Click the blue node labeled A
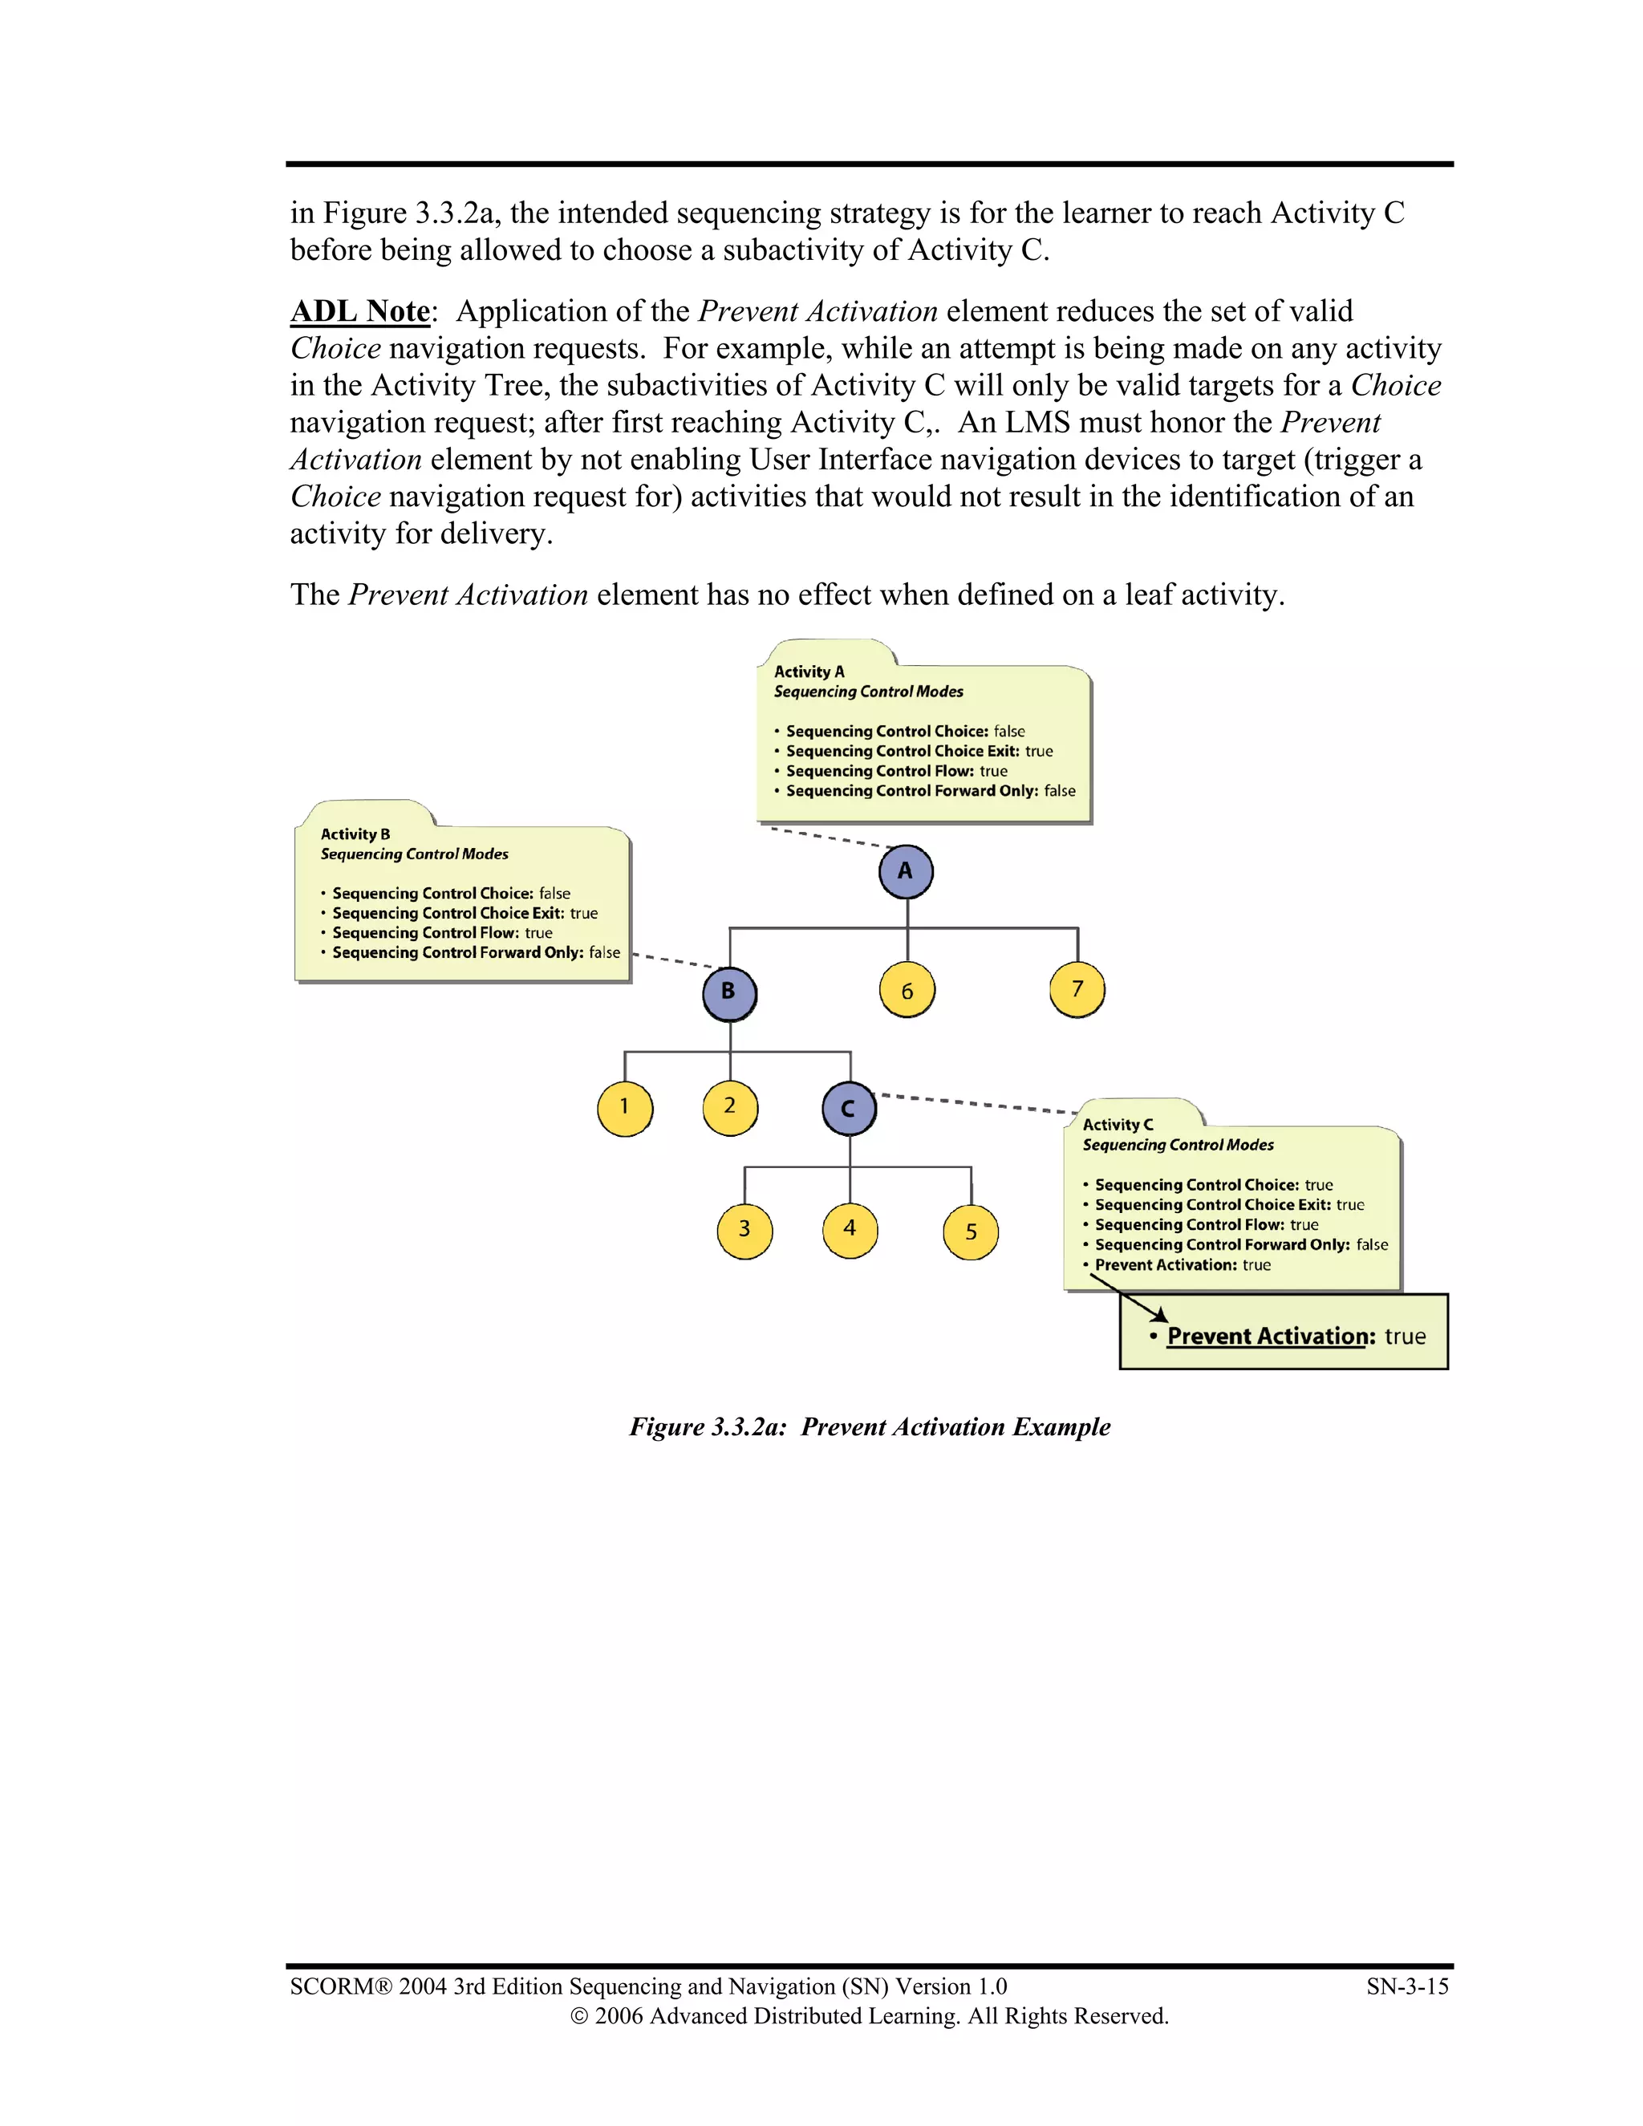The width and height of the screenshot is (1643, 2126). tap(905, 871)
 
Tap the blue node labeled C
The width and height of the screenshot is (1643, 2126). tap(849, 1109)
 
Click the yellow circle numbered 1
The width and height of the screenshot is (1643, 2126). tap(625, 1108)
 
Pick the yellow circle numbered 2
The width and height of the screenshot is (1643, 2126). tap(730, 1107)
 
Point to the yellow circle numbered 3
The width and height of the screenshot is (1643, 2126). tap(744, 1231)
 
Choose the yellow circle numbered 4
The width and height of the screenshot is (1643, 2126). tap(850, 1229)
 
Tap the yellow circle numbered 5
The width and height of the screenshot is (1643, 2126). tap(971, 1232)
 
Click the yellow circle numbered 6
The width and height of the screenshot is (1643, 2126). tap(907, 991)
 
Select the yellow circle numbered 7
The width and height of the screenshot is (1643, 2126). tap(1077, 990)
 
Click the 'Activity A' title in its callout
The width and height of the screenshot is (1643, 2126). tap(809, 671)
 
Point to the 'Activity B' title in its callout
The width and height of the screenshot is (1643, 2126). tap(355, 834)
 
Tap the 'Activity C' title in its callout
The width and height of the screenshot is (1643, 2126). tap(1118, 1124)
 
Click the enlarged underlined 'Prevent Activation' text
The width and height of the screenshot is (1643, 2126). tap(1270, 1336)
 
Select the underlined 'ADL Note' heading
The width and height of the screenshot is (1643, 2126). tap(360, 311)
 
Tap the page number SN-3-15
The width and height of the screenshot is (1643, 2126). tap(1406, 1986)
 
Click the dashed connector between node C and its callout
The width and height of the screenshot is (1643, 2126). tap(977, 1103)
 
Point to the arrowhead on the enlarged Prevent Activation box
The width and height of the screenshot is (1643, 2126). tap(1160, 1316)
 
